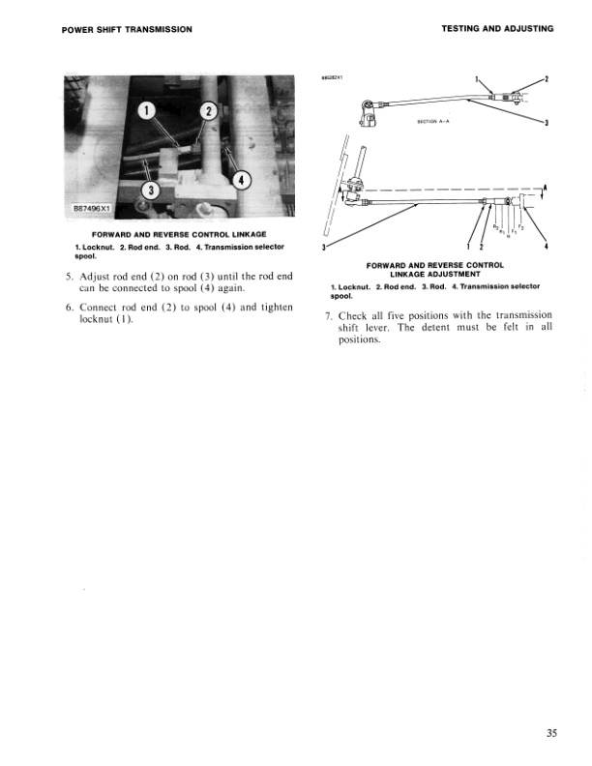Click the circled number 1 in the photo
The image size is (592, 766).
pyautogui.click(x=148, y=113)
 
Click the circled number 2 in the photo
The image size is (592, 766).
pyautogui.click(x=206, y=113)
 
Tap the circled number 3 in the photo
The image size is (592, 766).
pyautogui.click(x=152, y=189)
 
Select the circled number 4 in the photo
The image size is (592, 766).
pyautogui.click(x=243, y=179)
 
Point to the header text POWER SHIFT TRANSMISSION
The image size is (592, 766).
pyautogui.click(x=120, y=29)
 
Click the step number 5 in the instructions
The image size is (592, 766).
pyautogui.click(x=67, y=277)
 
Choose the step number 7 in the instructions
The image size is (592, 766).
pyautogui.click(x=329, y=314)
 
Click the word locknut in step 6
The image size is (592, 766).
pyautogui.click(x=97, y=319)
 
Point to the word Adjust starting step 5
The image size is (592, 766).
pyautogui.click(x=96, y=277)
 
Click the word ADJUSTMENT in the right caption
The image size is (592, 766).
pyautogui.click(x=462, y=274)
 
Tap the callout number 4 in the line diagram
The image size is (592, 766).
pyautogui.click(x=548, y=250)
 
